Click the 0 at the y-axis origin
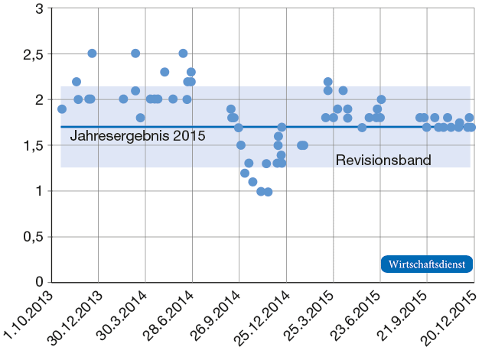pyautogui.click(x=39, y=283)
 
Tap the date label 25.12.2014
pyautogui.click(x=261, y=316)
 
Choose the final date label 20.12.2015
pyautogui.click(x=448, y=316)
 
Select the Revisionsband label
pyautogui.click(x=383, y=161)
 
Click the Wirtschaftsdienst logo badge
pyautogui.click(x=427, y=264)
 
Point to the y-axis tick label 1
pyautogui.click(x=39, y=191)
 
